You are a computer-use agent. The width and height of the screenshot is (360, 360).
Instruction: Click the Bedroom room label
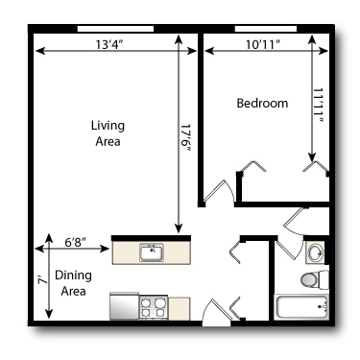262,103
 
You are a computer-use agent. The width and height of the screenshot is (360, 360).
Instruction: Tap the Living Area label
108,133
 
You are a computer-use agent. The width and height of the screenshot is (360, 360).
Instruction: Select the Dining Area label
73,283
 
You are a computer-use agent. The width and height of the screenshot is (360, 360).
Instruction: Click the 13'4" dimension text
109,44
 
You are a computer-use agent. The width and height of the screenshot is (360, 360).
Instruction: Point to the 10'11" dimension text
263,44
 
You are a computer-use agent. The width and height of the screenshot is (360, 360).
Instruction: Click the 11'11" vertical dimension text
318,105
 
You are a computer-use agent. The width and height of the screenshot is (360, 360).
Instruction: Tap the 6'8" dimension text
76,242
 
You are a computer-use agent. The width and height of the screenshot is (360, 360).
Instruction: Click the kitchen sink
152,252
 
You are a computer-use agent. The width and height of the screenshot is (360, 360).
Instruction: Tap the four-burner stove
154,307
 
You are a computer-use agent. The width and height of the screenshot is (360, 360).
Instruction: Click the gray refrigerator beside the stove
124,306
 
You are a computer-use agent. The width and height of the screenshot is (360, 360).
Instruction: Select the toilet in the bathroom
315,279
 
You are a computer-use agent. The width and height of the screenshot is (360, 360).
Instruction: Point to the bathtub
301,307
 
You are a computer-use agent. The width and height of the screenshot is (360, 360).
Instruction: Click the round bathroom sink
315,252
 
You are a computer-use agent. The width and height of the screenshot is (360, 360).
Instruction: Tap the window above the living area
115,29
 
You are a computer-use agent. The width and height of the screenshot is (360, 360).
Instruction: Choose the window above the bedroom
266,29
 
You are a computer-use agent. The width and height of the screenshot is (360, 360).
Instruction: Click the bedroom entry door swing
219,191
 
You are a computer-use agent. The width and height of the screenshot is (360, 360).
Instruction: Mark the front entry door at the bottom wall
216,313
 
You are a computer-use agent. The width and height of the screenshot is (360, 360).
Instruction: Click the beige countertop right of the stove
179,308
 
